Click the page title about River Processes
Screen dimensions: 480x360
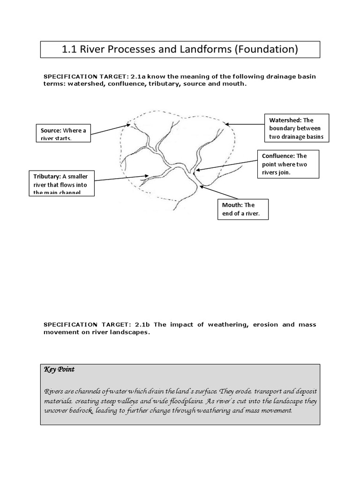point(180,49)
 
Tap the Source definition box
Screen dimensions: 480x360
point(63,133)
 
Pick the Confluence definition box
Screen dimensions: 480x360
point(288,164)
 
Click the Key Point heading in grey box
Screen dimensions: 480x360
point(59,369)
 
